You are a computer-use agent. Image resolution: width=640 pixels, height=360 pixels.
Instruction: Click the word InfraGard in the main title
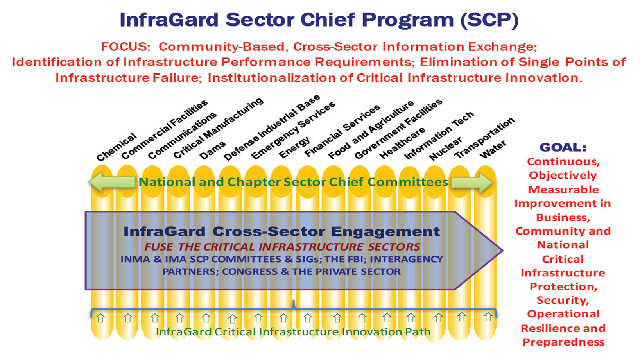(x=169, y=20)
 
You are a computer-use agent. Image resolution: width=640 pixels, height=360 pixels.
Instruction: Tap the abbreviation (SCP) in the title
(x=489, y=20)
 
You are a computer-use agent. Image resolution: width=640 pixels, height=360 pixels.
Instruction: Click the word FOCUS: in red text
(x=126, y=47)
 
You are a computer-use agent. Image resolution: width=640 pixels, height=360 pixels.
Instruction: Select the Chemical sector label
(x=116, y=147)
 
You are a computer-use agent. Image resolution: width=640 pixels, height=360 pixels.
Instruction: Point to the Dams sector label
(x=213, y=150)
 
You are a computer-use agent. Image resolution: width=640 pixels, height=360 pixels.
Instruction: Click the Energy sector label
(x=294, y=147)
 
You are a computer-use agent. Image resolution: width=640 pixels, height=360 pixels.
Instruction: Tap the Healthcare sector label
(x=402, y=143)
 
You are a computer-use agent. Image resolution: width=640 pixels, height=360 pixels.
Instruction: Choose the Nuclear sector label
(x=445, y=149)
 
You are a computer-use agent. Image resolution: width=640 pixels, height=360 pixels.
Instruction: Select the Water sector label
(x=493, y=149)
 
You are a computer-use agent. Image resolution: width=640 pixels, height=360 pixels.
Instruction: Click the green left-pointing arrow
(x=112, y=182)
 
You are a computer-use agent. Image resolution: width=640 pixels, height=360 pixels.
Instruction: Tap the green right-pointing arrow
(x=472, y=182)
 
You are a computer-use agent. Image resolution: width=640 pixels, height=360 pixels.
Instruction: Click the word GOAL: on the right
(x=563, y=147)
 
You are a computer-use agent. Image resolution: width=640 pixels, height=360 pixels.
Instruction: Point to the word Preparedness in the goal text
(x=563, y=342)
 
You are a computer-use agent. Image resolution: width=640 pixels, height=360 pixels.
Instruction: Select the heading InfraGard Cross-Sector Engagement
(x=281, y=231)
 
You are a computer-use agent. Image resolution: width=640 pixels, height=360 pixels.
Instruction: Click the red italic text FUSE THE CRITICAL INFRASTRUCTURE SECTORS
(x=282, y=247)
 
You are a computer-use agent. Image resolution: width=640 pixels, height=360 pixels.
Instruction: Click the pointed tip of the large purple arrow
(x=502, y=251)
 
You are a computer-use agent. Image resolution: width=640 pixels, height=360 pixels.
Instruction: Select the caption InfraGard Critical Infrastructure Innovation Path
(x=293, y=332)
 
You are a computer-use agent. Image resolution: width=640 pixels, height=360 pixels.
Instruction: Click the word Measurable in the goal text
(x=563, y=190)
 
